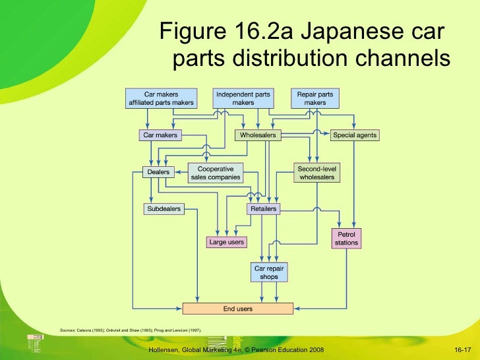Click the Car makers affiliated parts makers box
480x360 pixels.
pos(162,98)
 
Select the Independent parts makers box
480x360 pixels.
pos(243,98)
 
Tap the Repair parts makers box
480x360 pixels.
pos(315,98)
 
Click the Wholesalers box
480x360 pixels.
pos(257,135)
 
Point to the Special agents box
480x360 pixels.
pos(355,135)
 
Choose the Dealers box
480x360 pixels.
pos(158,172)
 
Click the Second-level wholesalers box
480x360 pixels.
pos(317,173)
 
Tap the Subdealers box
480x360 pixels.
pos(163,209)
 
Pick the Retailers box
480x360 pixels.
pos(263,209)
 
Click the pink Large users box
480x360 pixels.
pos(227,242)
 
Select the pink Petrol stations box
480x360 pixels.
pos(346,238)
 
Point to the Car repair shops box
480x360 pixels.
pos(268,272)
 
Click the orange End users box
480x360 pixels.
pos(237,308)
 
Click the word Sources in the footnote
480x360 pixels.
pos(67,329)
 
